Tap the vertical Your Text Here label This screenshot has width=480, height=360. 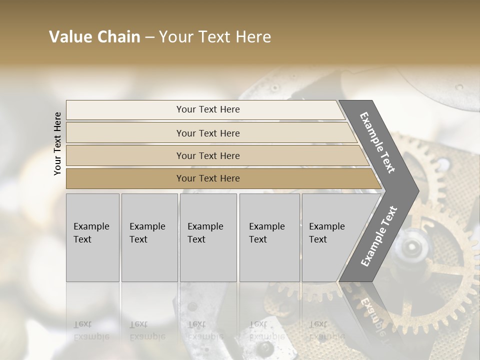[x=57, y=144]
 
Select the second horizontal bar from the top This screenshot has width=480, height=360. [x=207, y=133]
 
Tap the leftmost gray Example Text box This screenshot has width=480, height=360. [x=92, y=237]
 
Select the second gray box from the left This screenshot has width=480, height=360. [x=149, y=237]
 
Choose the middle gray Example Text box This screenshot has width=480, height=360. [x=208, y=237]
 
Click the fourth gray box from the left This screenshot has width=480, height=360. [x=269, y=237]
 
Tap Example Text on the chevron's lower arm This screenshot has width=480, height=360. [x=379, y=236]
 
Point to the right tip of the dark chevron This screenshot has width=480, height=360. [x=418, y=190]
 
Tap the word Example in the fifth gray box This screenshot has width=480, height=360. [x=326, y=226]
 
